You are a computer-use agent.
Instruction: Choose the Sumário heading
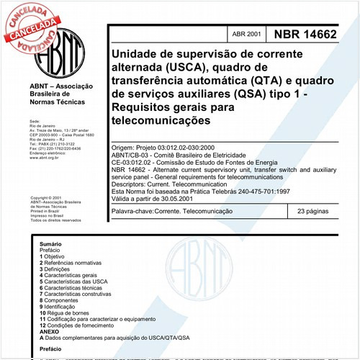coord(51,245)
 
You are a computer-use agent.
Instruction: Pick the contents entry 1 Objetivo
coord(53,257)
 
